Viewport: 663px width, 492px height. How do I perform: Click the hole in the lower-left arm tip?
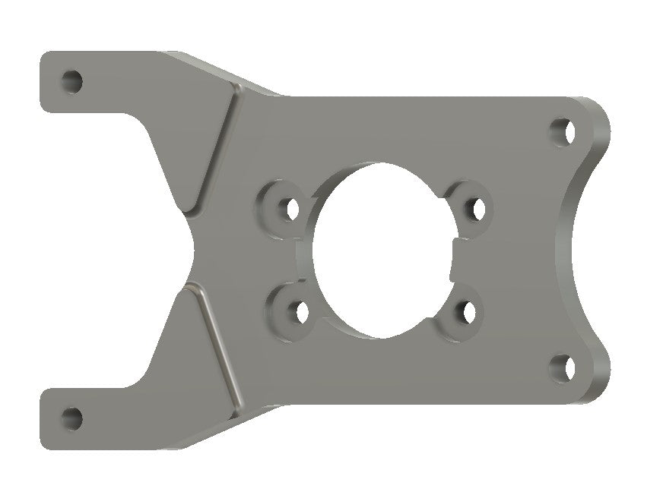(71, 417)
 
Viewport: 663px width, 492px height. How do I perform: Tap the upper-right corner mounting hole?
(563, 131)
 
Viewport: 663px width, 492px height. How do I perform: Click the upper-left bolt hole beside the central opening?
(290, 207)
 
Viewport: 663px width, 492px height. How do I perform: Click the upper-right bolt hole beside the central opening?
(476, 207)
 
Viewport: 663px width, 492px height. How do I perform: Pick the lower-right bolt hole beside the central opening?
(467, 311)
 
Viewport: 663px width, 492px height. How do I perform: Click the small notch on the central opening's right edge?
(455, 259)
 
